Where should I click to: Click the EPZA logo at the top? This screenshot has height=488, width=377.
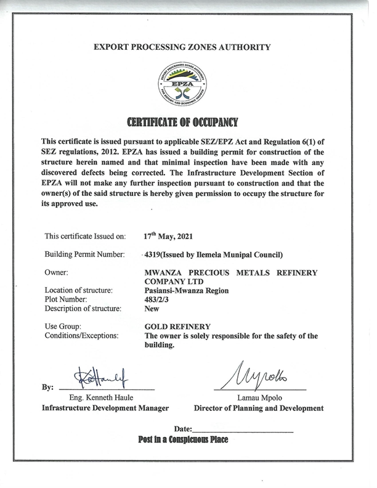click(182, 83)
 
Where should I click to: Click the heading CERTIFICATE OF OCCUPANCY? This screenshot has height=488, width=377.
click(182, 121)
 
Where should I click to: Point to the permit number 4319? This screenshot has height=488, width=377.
click(153, 254)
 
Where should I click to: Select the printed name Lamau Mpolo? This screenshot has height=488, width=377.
click(259, 398)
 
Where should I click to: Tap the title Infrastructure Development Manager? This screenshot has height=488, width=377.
click(105, 408)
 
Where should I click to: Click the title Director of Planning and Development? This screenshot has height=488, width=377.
click(259, 408)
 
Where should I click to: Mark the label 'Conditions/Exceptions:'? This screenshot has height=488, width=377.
click(81, 335)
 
